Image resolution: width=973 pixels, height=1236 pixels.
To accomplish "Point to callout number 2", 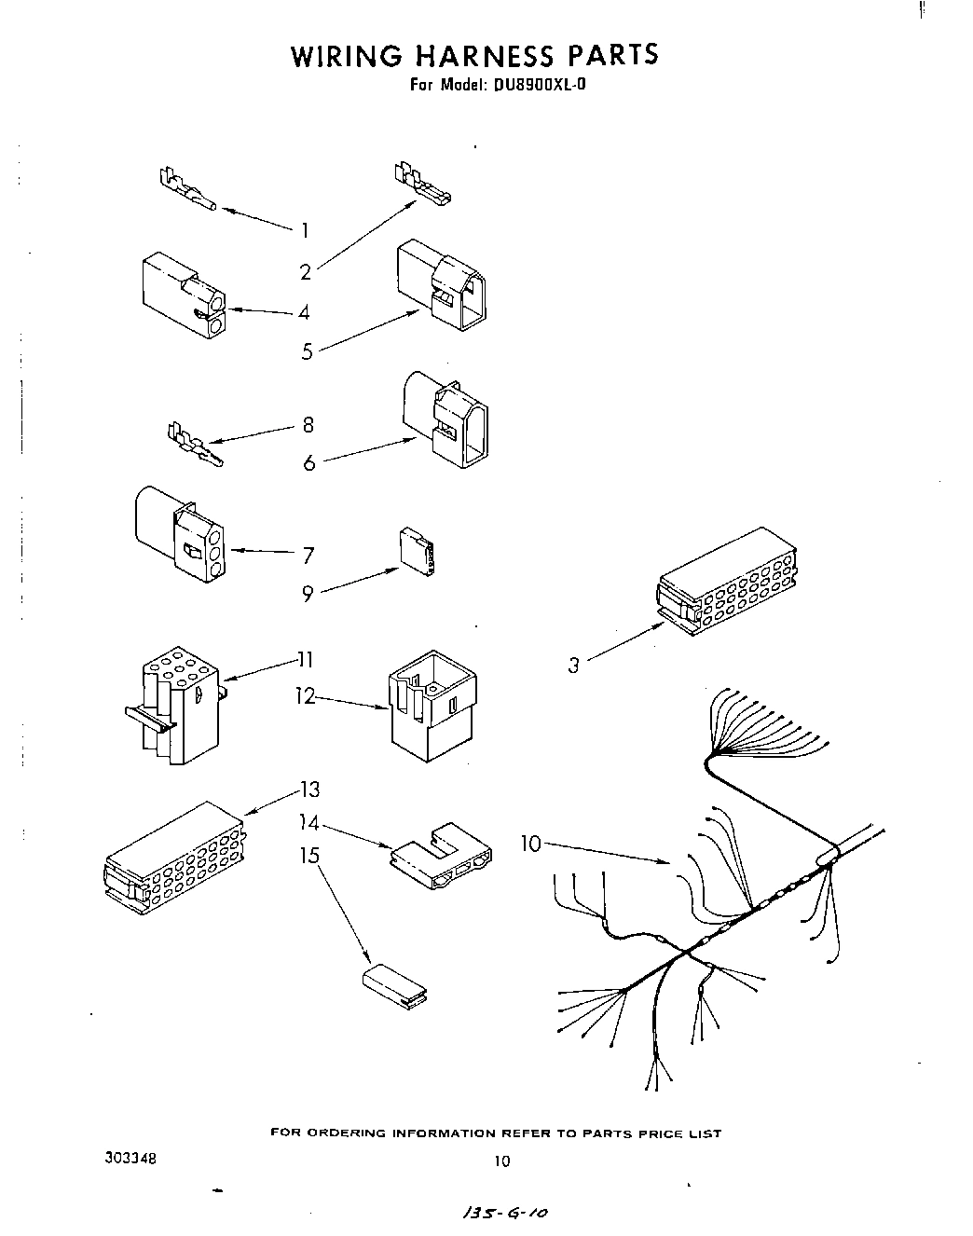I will click(305, 272).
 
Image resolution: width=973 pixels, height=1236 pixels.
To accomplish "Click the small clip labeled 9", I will click(418, 552).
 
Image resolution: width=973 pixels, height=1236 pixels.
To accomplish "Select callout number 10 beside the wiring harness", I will click(529, 844).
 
